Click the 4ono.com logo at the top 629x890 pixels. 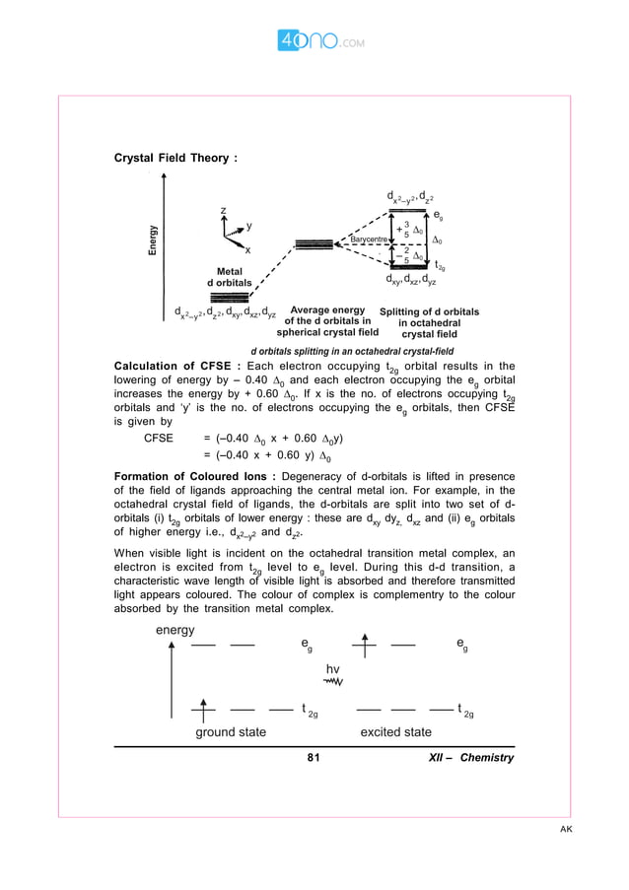click(x=314, y=42)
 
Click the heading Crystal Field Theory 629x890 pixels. click(x=175, y=158)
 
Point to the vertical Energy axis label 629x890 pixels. click(x=153, y=240)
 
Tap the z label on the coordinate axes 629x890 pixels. click(x=224, y=211)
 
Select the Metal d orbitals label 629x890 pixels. click(x=228, y=277)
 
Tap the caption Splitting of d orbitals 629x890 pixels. click(x=429, y=322)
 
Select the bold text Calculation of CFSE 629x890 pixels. click(x=177, y=365)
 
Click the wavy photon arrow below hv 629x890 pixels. click(x=332, y=681)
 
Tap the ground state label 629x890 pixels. click(x=230, y=732)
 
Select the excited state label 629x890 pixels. click(x=395, y=732)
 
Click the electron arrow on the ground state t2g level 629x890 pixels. click(x=203, y=708)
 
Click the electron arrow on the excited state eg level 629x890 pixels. click(x=365, y=646)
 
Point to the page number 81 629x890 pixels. click(x=314, y=758)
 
